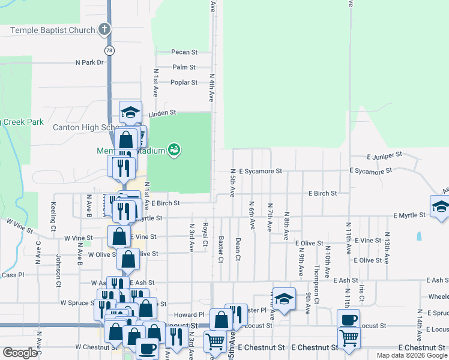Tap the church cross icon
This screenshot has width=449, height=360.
click(x=104, y=29)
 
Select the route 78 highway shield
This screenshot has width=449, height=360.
click(x=108, y=50)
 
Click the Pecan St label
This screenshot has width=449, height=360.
click(x=184, y=53)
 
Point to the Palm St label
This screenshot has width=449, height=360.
click(x=184, y=67)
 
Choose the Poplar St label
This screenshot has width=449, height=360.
click(x=184, y=82)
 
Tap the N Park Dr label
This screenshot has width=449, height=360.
click(x=89, y=62)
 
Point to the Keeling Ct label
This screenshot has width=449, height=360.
click(x=53, y=217)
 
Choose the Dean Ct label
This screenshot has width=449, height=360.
click(x=238, y=250)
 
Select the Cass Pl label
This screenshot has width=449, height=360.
click(x=12, y=275)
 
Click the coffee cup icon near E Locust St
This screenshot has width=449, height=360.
click(x=348, y=319)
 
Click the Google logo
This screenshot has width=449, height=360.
click(x=19, y=353)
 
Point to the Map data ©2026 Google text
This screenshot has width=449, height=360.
click(x=412, y=355)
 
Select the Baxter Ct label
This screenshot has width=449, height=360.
click(x=220, y=250)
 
